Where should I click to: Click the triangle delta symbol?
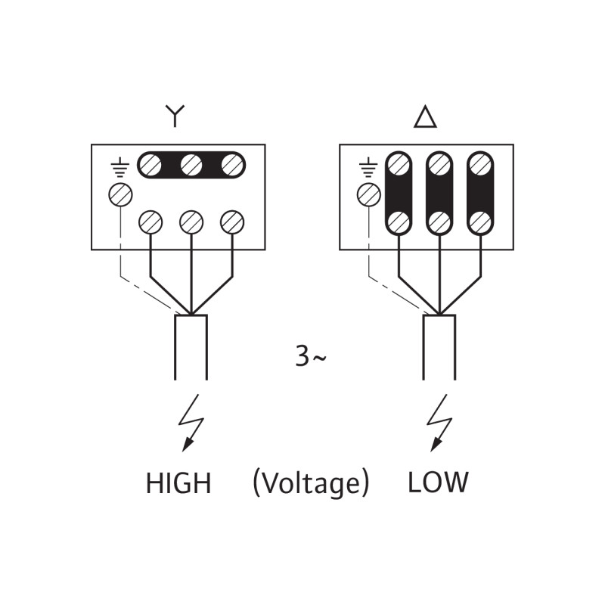425,116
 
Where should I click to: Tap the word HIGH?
178,482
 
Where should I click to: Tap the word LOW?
438,482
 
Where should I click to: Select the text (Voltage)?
311,483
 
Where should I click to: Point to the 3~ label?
311,356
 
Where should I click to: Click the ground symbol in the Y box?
120,167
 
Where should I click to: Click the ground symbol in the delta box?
368,167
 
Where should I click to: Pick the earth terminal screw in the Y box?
120,194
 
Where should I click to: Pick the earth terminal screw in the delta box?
369,194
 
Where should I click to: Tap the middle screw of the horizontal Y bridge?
191,165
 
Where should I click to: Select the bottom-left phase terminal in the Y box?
150,222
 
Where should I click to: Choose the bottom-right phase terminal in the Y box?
232,222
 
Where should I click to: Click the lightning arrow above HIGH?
191,423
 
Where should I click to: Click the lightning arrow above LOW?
439,423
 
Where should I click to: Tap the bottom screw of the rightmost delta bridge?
480,222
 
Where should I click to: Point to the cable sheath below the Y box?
191,347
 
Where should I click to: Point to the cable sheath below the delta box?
439,347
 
